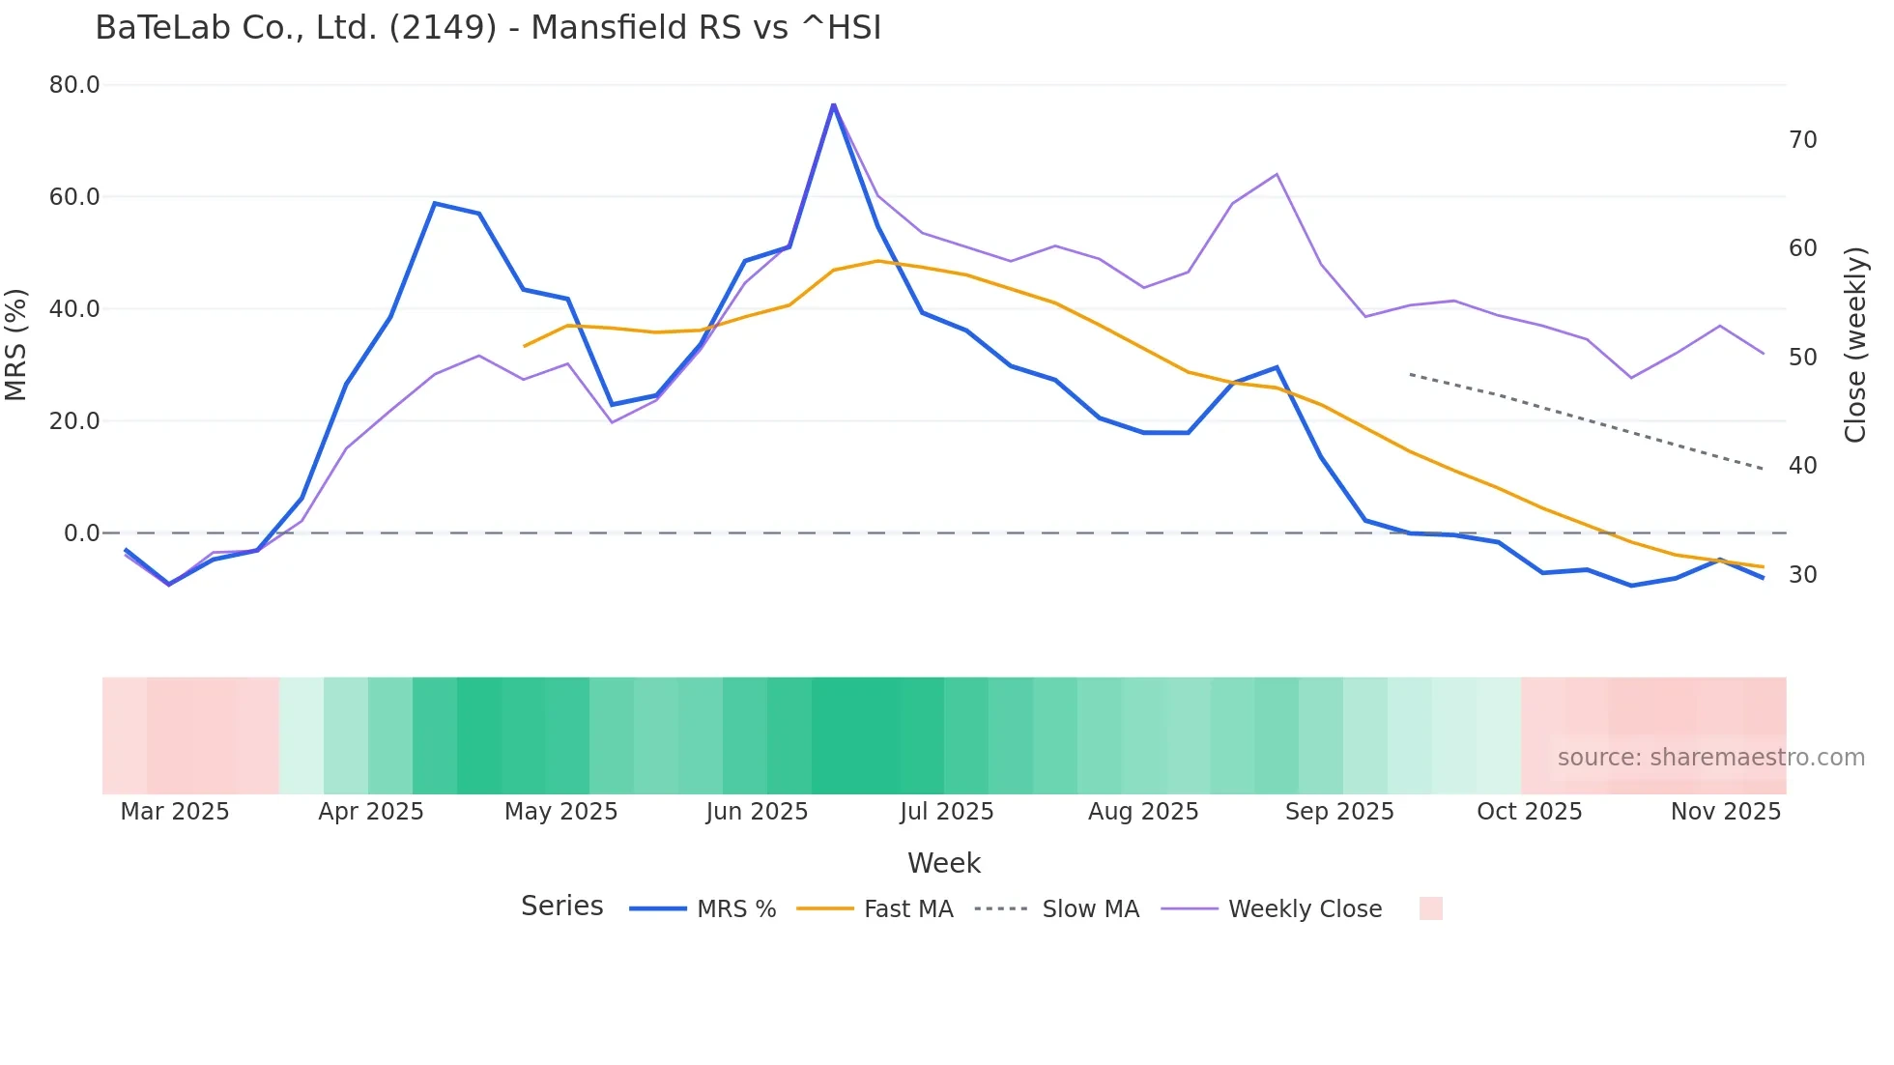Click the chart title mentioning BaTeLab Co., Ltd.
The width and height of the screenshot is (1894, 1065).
point(488,28)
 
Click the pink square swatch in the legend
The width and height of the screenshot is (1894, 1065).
point(1430,908)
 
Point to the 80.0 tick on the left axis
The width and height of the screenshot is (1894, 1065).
point(74,85)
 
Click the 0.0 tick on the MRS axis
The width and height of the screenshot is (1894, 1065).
point(81,533)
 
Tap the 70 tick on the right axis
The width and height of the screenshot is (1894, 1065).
point(1802,140)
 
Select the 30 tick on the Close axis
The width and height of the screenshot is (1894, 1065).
point(1802,575)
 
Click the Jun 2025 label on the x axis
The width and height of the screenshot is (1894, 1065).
point(757,812)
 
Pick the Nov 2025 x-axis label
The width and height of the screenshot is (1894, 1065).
point(1725,812)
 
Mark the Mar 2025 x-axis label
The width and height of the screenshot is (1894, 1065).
point(175,812)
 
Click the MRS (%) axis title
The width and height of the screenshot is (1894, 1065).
point(16,344)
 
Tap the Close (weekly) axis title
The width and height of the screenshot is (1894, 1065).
point(1854,345)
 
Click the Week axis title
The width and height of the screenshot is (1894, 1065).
point(943,863)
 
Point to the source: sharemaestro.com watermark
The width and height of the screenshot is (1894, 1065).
point(1710,758)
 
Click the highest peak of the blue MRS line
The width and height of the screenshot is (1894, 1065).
point(833,104)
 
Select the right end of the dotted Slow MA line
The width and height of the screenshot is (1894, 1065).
point(1763,469)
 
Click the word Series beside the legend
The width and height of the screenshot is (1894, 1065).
point(561,907)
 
